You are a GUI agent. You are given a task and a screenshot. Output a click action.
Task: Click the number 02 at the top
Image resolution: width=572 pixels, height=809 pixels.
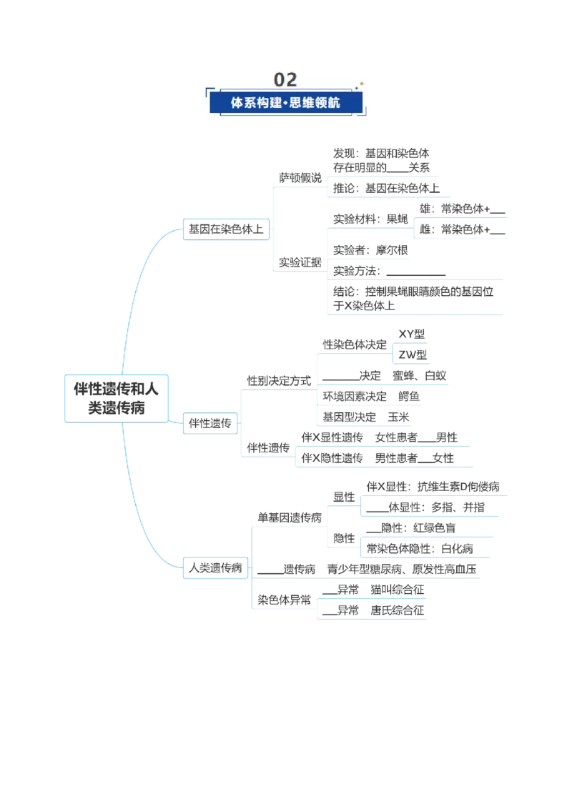(285, 79)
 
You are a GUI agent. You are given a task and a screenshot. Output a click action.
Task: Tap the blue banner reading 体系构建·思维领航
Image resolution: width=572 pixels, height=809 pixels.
(285, 103)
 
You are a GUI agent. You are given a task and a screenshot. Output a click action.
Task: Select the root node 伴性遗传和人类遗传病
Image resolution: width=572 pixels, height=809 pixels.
(116, 398)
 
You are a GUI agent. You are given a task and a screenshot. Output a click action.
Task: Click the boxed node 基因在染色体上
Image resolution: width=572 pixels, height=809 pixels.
(226, 229)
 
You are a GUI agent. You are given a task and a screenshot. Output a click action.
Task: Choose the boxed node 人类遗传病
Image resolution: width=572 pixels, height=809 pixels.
(215, 568)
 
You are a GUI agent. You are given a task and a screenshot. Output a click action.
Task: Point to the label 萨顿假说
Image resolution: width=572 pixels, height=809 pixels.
(300, 178)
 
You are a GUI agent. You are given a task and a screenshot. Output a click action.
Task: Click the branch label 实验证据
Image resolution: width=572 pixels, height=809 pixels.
(300, 262)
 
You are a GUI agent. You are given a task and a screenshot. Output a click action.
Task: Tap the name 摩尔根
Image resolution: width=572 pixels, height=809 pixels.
(392, 250)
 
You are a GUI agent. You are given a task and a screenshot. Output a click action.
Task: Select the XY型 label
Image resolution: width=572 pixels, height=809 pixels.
(411, 334)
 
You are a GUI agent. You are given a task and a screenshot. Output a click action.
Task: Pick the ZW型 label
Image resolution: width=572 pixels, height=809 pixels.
(413, 355)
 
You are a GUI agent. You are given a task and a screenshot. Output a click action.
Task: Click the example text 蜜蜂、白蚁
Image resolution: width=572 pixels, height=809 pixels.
(419, 376)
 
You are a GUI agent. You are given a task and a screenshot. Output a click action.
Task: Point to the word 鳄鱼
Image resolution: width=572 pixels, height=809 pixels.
(409, 396)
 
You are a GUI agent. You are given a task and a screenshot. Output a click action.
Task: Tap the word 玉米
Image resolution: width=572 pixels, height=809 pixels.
(398, 417)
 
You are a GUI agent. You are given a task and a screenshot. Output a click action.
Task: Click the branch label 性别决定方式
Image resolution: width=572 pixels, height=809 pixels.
(279, 381)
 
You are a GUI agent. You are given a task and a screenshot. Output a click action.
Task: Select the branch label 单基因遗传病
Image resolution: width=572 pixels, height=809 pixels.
(290, 517)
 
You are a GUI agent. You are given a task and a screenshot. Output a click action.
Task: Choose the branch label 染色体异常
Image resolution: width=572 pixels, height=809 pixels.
(285, 600)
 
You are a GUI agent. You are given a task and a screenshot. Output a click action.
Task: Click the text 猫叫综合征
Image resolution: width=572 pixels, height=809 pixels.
(398, 590)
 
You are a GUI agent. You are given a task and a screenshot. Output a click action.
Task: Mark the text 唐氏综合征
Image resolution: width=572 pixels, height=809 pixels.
(398, 610)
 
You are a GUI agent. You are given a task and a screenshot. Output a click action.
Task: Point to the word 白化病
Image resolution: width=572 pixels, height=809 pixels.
(457, 548)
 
